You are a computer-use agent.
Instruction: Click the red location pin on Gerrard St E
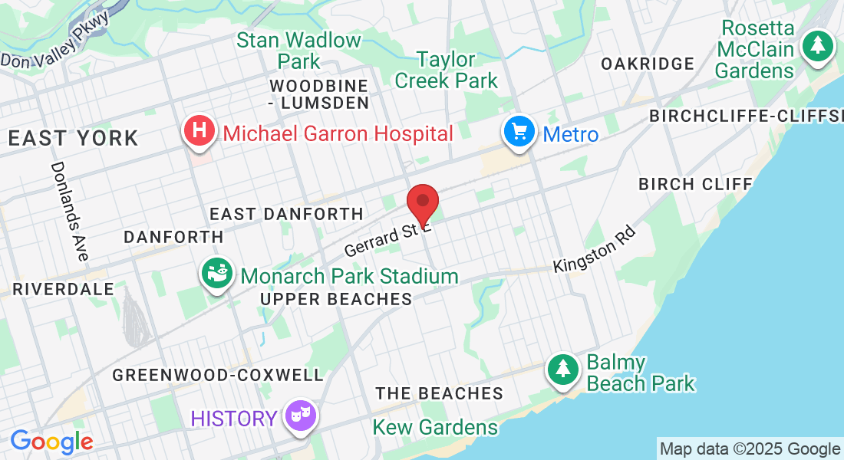coord(422,203)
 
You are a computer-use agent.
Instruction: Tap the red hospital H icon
coord(199,130)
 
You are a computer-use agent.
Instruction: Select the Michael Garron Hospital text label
coord(338,134)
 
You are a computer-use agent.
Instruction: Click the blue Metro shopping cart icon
coord(519,132)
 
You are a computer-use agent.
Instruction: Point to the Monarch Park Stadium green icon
coord(217,272)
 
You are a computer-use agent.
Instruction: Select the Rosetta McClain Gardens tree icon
coord(818,45)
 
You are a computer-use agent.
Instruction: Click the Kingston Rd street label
coord(595,248)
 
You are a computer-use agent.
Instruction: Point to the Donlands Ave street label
coord(69,211)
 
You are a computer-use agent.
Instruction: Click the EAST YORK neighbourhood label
coord(74,139)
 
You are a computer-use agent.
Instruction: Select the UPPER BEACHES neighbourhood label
coord(336,299)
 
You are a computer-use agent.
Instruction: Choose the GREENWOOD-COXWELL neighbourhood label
coord(218,375)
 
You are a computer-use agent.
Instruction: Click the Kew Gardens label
coord(435,427)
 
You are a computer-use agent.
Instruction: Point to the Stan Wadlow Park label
coord(298,50)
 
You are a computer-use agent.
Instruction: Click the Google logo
coord(51,442)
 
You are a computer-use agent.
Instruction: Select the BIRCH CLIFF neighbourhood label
coord(695,184)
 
